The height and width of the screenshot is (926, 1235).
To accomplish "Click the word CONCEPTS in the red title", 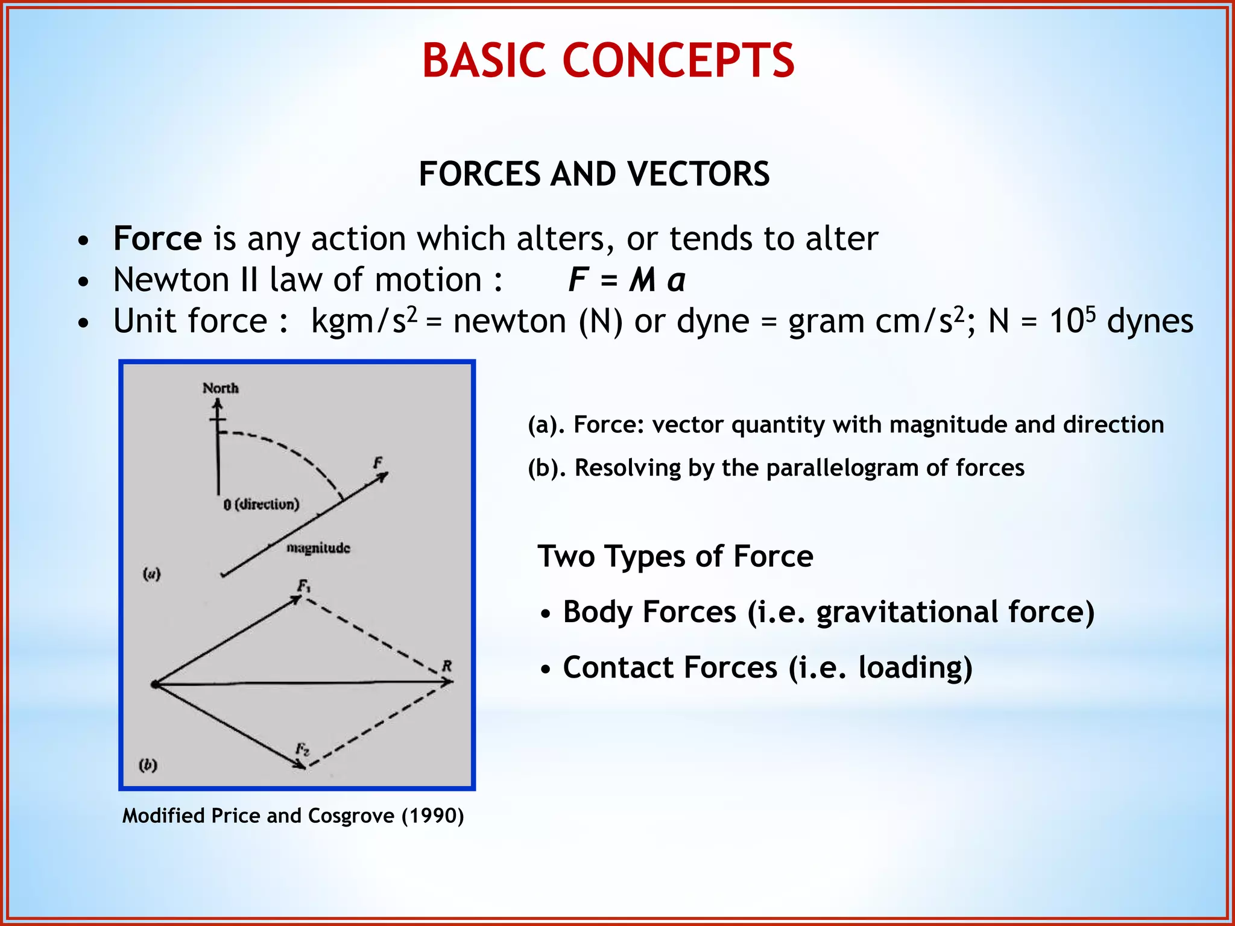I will tap(678, 61).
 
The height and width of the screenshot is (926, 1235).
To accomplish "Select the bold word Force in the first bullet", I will tap(157, 238).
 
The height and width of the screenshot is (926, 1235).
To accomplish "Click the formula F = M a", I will tap(627, 280).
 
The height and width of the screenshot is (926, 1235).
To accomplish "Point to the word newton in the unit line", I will tap(510, 321).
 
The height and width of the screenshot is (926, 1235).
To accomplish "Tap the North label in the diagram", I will tap(220, 388).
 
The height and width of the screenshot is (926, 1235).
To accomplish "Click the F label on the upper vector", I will tap(377, 463).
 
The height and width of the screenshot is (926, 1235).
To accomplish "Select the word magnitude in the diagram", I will tap(318, 548).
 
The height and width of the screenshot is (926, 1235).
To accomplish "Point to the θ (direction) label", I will tap(261, 504).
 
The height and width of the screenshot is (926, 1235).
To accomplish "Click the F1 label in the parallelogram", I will tap(303, 586).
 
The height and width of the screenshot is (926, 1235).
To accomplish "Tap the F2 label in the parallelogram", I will tap(302, 750).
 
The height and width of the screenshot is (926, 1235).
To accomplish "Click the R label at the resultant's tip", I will tap(447, 666).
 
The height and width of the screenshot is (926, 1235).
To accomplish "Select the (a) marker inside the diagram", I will tap(151, 573).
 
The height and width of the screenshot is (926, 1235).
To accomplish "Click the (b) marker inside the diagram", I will tap(148, 765).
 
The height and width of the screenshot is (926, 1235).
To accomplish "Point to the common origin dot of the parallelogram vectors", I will tap(155, 684).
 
